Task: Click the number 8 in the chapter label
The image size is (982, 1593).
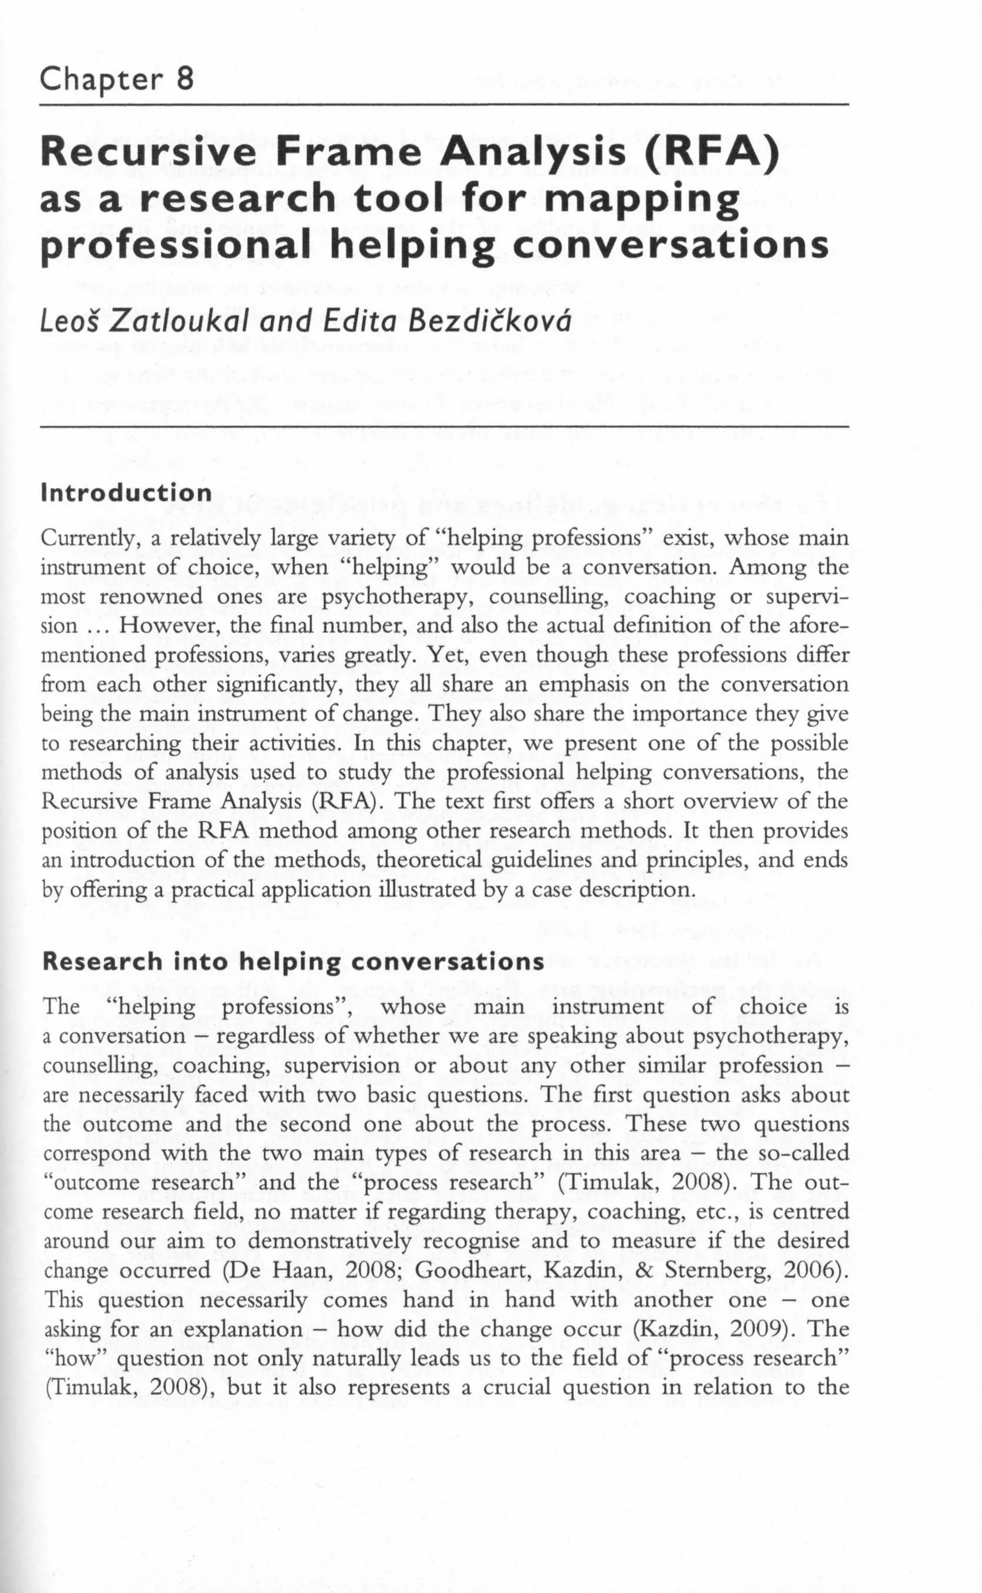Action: pos(185,80)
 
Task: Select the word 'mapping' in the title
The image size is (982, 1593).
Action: pos(643,200)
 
